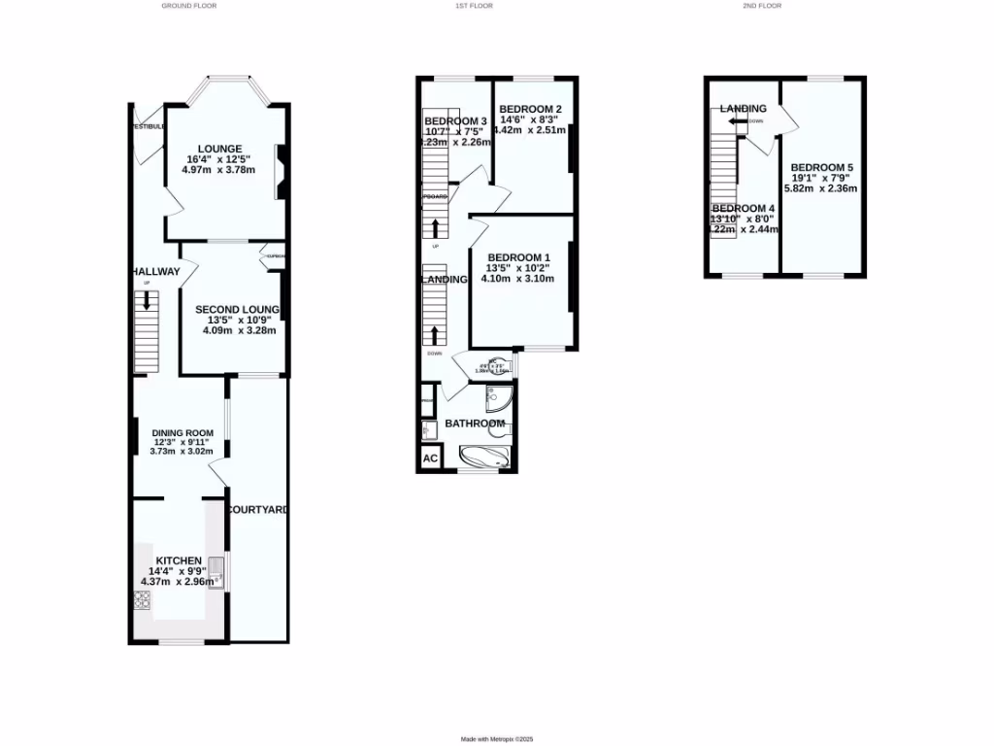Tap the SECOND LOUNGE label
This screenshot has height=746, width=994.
[x=238, y=310]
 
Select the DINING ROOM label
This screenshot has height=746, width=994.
[x=182, y=433]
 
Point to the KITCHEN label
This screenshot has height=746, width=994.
[x=175, y=560]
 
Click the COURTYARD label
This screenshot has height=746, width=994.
[x=257, y=509]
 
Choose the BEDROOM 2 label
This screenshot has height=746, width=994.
[x=531, y=109]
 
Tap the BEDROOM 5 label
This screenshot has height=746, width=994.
[x=821, y=168]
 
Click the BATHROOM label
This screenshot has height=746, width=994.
[x=475, y=424]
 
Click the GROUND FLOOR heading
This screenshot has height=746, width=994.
[x=189, y=6]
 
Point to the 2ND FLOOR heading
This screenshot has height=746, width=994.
[x=761, y=6]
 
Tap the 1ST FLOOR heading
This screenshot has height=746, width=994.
[x=474, y=6]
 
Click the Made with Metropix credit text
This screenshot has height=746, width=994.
[x=497, y=739]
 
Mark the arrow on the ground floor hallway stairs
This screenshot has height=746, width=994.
[x=147, y=300]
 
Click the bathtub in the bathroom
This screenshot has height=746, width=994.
[x=482, y=458]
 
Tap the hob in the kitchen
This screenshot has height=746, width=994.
[x=142, y=601]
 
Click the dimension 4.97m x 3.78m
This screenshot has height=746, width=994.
[x=217, y=170]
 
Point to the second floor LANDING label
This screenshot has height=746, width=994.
[x=743, y=109]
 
